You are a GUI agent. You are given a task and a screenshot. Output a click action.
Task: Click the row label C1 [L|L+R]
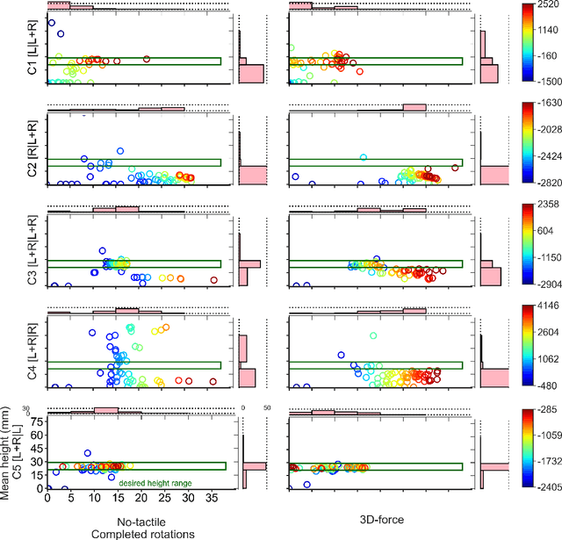tap(33, 52)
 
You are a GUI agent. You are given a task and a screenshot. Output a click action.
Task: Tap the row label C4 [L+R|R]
tap(33, 351)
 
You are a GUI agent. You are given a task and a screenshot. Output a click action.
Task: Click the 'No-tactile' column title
tap(136, 520)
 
